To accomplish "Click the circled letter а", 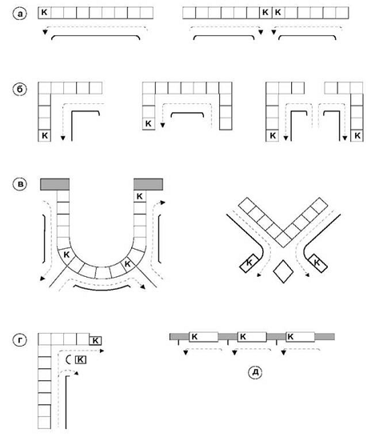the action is tap(20, 14).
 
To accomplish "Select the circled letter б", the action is tap(20, 89).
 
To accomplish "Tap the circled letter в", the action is tap(20, 184).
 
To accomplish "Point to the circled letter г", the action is tap(20, 340).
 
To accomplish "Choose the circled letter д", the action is tap(255, 372).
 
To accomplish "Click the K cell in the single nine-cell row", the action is tap(45, 13).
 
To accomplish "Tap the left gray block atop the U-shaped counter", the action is tap(55, 185).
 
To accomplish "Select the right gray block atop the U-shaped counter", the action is tap(149, 185).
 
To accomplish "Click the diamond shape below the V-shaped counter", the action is tap(284, 271).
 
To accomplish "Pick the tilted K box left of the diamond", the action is tap(249, 263).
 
